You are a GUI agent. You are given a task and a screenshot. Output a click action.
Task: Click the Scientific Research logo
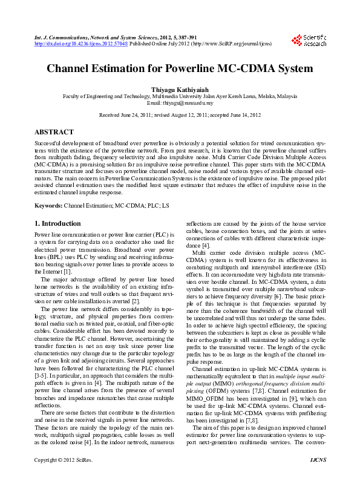click(309, 41)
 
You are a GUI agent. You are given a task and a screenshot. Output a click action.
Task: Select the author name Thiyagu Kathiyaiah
click(180, 89)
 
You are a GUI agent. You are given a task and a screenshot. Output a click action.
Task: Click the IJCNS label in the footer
click(317, 478)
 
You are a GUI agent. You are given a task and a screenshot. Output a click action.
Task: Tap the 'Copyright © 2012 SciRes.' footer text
click(62, 478)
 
